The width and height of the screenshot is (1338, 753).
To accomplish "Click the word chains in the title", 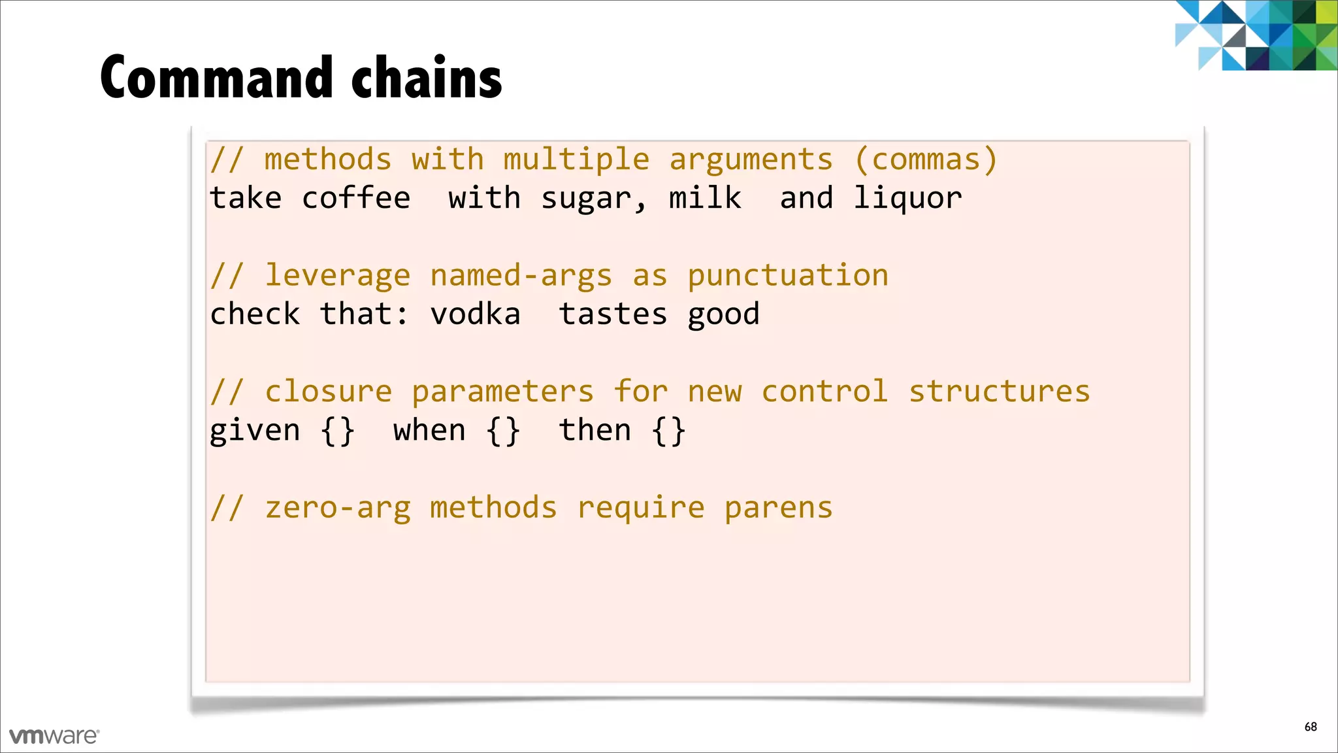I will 427,78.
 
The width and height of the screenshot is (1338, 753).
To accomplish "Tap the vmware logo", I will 54,736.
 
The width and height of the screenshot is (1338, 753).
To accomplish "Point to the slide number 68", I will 1311,727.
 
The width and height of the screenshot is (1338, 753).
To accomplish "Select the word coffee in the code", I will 356,198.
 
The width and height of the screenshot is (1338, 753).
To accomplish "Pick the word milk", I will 705,198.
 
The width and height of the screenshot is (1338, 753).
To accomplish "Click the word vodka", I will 475,314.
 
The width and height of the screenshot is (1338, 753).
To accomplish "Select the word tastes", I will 613,314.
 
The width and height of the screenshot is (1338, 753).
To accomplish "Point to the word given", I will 255,431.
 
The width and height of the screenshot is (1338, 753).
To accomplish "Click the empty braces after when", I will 503,431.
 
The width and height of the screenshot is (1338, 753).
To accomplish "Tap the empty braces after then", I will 668,431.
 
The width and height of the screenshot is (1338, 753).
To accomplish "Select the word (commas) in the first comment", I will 926,160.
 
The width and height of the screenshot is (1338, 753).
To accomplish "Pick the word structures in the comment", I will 1000,392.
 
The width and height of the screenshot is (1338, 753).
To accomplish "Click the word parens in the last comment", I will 779,509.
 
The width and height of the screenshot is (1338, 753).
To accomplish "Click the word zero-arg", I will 338,509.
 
